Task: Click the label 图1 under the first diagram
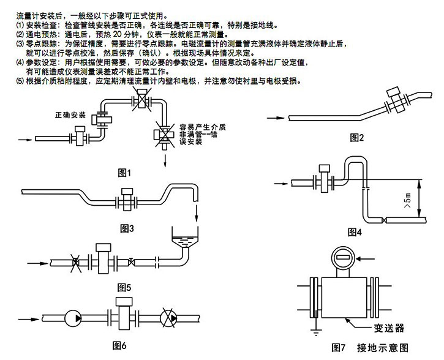(x=124, y=173)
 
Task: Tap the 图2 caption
(x=358, y=137)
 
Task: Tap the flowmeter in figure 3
(x=127, y=199)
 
